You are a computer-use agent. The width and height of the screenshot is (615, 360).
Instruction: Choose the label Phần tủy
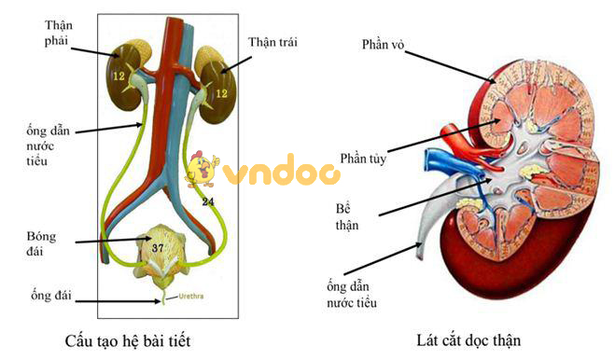363,159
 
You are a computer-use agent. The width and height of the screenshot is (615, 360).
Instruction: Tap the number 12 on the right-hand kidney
221,93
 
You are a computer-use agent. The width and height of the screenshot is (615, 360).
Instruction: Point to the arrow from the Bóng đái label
107,242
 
